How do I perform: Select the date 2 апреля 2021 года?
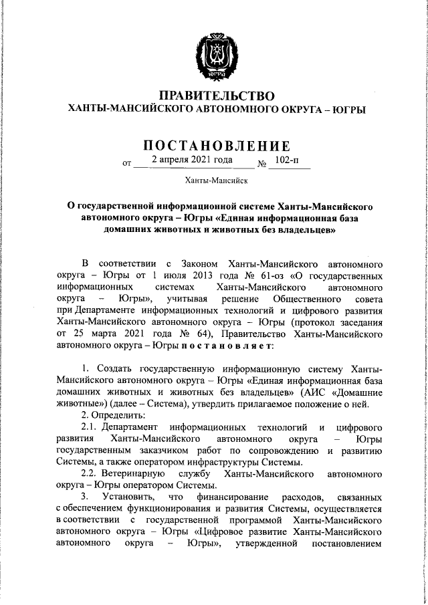[192, 160]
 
